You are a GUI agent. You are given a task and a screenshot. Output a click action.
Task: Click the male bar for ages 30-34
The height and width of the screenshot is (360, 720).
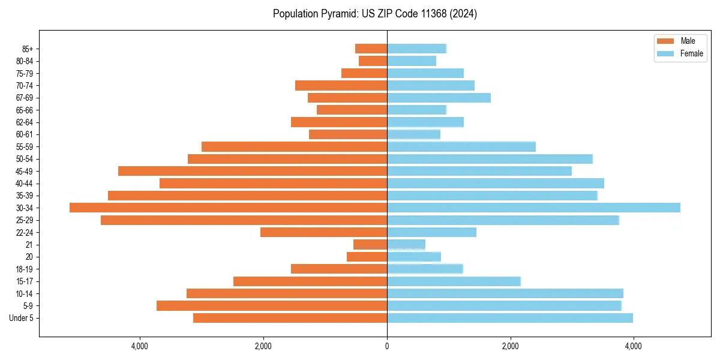[228, 208]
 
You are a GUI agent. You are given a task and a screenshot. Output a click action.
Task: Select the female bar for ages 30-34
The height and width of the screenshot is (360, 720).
[533, 208]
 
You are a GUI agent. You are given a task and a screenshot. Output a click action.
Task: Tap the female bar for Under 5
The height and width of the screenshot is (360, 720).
[510, 318]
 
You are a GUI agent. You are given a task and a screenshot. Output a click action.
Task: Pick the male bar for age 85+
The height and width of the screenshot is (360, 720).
[371, 49]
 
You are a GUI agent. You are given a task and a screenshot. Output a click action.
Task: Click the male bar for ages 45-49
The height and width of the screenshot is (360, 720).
[253, 171]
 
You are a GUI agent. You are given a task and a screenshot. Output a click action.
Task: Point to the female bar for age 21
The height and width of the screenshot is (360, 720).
[406, 244]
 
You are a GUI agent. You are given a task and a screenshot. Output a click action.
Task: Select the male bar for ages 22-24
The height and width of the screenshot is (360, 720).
[324, 232]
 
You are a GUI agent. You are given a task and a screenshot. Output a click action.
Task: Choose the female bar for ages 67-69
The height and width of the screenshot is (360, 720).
[439, 98]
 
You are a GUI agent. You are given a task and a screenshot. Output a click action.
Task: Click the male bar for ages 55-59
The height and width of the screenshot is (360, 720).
[295, 146]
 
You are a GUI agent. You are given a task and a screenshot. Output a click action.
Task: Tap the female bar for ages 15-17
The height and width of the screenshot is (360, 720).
[454, 281]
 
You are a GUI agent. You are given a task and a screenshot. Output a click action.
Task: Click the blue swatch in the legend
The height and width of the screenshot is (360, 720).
[666, 53]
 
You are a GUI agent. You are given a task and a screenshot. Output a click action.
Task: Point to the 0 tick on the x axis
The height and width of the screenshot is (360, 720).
[387, 346]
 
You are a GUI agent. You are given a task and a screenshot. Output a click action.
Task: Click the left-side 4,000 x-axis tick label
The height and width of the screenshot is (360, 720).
[140, 346]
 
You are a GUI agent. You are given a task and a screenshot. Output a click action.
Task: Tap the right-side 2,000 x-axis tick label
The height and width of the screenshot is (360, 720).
[510, 346]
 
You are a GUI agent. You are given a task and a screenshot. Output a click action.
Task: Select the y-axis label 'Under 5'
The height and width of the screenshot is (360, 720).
[22, 318]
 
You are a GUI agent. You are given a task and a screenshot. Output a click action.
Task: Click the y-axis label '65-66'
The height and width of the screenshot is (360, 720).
[25, 110]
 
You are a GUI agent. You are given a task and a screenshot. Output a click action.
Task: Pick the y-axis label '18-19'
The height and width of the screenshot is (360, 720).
[25, 269]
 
